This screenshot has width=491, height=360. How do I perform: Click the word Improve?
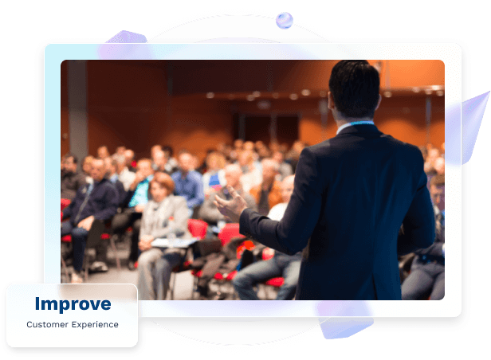click(x=73, y=303)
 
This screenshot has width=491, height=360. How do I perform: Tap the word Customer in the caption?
click(x=47, y=324)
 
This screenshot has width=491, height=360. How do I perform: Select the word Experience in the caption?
click(x=95, y=325)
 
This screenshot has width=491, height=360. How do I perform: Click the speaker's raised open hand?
click(x=230, y=203)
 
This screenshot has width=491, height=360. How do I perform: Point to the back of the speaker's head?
click(x=355, y=89)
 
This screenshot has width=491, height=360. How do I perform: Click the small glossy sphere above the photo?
click(x=285, y=21)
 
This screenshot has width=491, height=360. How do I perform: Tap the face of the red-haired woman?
click(x=159, y=190)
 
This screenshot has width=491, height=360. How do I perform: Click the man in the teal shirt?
click(x=140, y=191)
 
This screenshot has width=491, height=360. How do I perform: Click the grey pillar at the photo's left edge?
click(x=77, y=109)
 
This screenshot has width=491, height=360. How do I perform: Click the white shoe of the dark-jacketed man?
click(x=100, y=267)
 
